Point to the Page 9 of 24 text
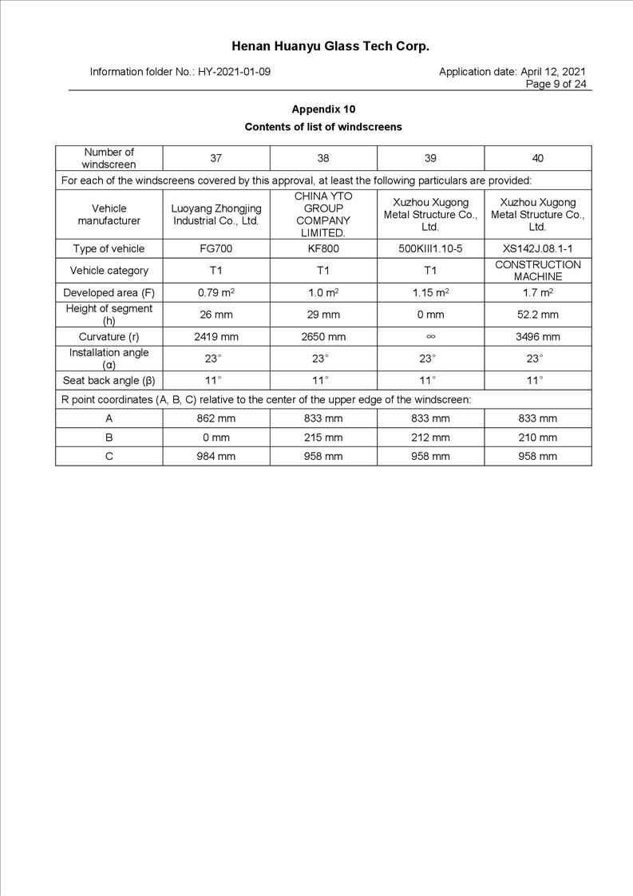click(556, 84)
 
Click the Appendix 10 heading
click(323, 109)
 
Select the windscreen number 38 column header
click(323, 158)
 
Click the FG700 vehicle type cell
click(216, 248)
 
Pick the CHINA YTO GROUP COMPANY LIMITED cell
click(323, 214)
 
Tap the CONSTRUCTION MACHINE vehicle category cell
click(538, 270)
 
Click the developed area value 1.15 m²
click(430, 292)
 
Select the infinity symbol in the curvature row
click(430, 336)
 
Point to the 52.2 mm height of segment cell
click(538, 315)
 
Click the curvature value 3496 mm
click(538, 336)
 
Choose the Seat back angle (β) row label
click(109, 380)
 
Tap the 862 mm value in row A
click(216, 418)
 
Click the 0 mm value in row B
click(216, 437)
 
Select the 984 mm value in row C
click(216, 456)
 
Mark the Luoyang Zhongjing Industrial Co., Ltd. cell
click(216, 214)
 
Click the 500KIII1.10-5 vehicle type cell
click(430, 248)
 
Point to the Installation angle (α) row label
click(109, 358)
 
